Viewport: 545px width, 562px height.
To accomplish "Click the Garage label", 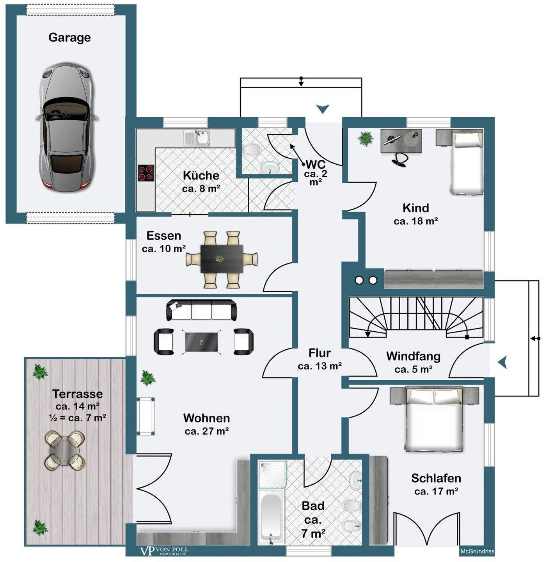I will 69,37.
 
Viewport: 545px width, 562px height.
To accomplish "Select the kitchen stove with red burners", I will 146,173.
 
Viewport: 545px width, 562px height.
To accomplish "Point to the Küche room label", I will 201,175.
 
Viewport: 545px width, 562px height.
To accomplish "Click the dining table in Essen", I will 222,259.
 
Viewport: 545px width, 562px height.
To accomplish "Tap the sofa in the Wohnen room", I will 201,310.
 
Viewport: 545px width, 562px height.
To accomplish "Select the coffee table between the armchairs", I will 201,342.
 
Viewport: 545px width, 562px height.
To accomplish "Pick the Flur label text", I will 320,353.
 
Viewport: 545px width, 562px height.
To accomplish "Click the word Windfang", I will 413,356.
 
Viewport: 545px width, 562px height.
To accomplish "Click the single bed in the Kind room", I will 467,163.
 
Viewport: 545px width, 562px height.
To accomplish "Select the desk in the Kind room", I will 401,141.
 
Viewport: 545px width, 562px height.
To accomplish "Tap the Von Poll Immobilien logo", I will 164,551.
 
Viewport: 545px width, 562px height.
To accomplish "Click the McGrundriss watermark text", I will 477,551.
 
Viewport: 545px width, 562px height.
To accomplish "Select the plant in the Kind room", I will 366,138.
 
